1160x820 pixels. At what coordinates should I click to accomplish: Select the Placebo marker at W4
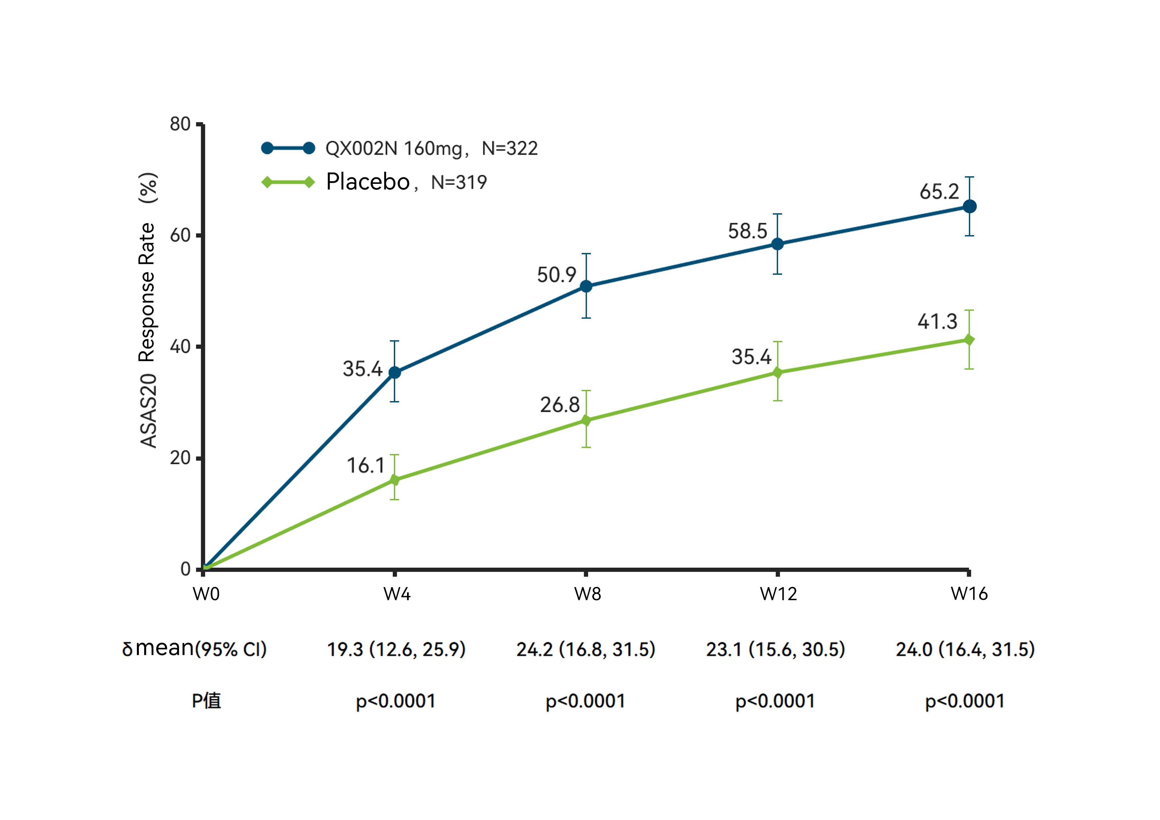(394, 480)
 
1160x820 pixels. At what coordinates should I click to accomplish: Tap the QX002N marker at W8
(586, 286)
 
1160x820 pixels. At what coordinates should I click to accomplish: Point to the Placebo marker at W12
(777, 373)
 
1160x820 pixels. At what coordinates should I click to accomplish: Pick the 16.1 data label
(365, 465)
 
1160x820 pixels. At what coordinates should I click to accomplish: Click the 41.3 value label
(937, 322)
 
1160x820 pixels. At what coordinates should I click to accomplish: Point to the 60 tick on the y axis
(180, 235)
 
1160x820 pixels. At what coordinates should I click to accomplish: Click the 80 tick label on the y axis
(180, 124)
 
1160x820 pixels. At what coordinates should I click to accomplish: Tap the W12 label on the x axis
(778, 594)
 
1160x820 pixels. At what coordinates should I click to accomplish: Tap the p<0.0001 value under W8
(586, 701)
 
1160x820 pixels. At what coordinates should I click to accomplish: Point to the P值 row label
(206, 701)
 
